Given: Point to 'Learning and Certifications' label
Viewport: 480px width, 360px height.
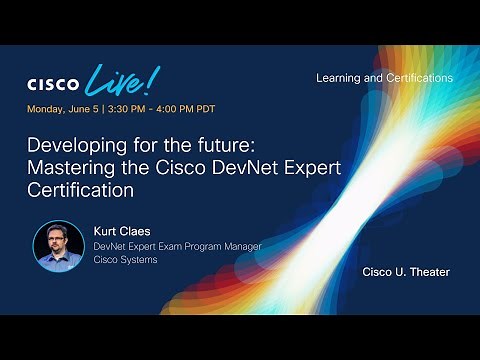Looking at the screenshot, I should click(384, 78).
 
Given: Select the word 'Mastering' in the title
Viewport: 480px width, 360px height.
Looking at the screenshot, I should click(69, 166).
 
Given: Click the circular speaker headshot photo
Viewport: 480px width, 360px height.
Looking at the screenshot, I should click(58, 245).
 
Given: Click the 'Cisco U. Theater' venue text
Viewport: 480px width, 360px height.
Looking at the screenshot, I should click(405, 272).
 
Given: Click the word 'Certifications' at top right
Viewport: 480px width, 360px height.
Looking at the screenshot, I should click(415, 78).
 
